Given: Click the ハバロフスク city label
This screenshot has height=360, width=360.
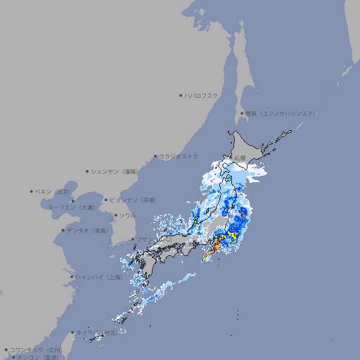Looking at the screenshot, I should (202, 95).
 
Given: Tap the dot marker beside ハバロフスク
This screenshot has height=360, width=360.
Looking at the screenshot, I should (181, 95).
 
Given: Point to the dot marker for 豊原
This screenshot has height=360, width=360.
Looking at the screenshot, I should (242, 113).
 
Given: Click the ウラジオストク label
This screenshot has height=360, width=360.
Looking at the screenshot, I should (179, 156).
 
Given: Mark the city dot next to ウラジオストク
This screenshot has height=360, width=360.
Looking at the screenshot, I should (155, 157).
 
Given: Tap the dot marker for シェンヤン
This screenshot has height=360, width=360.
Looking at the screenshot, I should (88, 171).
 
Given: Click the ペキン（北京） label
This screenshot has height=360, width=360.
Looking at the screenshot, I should (54, 191).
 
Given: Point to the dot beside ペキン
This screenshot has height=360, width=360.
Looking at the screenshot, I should (32, 191).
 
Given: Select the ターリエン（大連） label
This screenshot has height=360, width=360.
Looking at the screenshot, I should (71, 208).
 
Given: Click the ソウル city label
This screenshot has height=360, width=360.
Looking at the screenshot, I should (127, 215).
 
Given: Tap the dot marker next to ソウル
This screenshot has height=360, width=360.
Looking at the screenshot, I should (115, 216).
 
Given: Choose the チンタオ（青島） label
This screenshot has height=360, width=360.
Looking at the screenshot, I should (88, 231).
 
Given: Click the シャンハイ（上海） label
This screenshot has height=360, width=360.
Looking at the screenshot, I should (98, 277).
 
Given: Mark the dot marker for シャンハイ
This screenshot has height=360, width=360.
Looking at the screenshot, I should (72, 277).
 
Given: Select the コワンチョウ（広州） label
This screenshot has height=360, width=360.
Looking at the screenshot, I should (36, 349).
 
